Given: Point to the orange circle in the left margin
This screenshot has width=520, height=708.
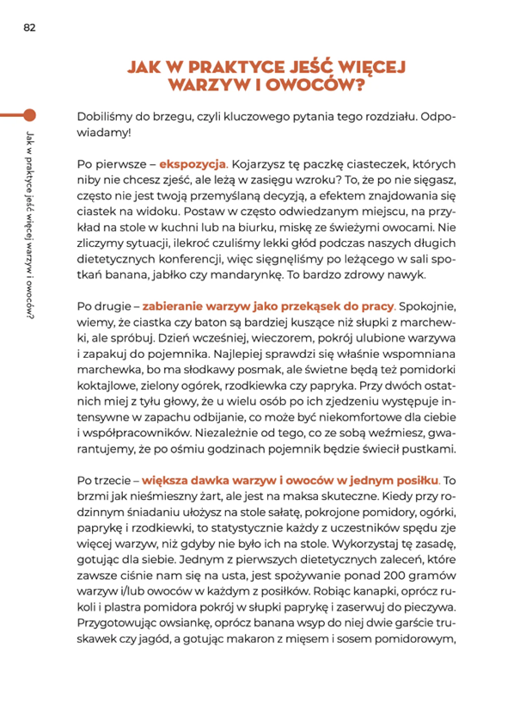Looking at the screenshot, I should point(29,114).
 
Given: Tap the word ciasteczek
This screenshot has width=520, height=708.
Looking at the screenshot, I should point(406,163).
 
